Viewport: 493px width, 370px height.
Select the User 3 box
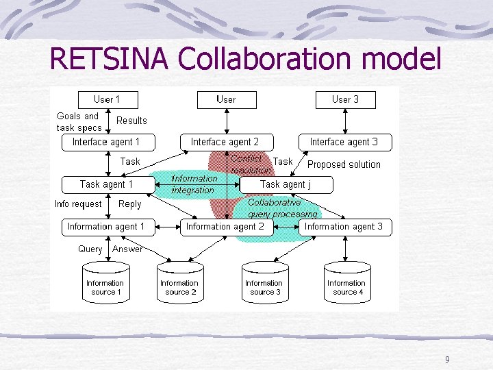tap(345, 99)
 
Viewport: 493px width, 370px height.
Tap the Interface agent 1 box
tap(106, 142)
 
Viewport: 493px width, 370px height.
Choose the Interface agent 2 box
tap(225, 142)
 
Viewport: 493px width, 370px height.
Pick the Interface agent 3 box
tap(344, 142)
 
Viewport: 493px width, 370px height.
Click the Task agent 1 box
tap(106, 184)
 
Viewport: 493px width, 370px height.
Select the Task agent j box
tap(286, 184)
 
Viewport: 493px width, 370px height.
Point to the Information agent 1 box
tap(106, 227)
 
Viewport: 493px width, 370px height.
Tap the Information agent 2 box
tap(225, 227)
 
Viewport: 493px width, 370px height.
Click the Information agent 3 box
tap(344, 227)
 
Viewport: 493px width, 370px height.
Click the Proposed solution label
tap(344, 164)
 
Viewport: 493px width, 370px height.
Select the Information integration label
tap(194, 184)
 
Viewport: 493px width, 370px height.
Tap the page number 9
tap(447, 360)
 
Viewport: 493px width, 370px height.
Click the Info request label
tap(78, 204)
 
